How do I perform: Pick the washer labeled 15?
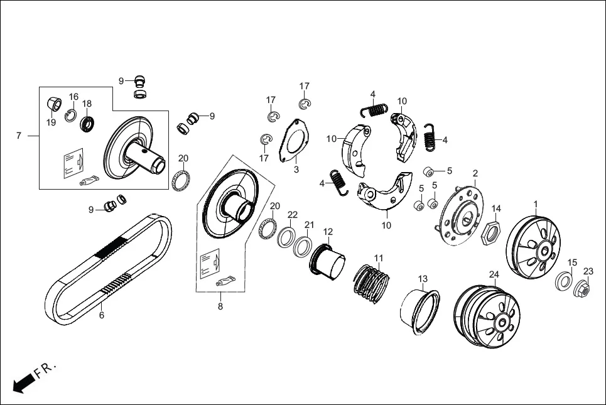[x=563, y=281]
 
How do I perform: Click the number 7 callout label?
[x=19, y=136]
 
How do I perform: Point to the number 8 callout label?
[x=220, y=307]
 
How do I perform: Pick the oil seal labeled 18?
[x=87, y=124]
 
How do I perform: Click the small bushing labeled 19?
[x=52, y=103]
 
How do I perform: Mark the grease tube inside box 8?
[x=225, y=280]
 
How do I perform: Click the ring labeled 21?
[x=303, y=246]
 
